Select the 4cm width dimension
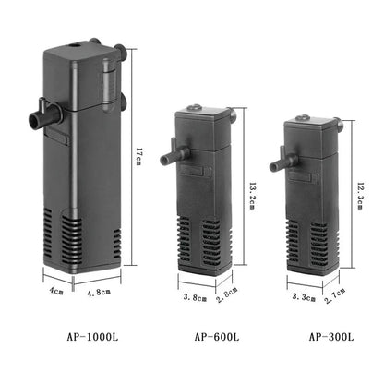pos(56,292)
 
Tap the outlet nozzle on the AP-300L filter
pos(273,166)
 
